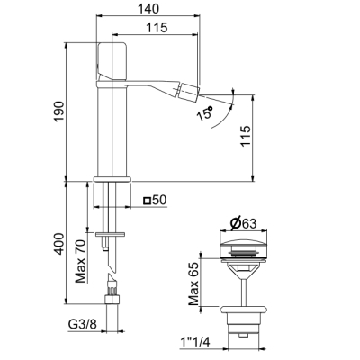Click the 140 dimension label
pyautogui.click(x=148, y=8)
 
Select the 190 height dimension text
pyautogui.click(x=59, y=112)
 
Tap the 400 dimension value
pyautogui.click(x=59, y=244)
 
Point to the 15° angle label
pyautogui.click(x=204, y=112)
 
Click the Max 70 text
pyautogui.click(x=80, y=261)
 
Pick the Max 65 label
pyautogui.click(x=193, y=283)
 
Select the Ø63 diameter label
pyautogui.click(x=243, y=223)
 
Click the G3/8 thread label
pyautogui.click(x=83, y=325)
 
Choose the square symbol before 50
pyautogui.click(x=147, y=200)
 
